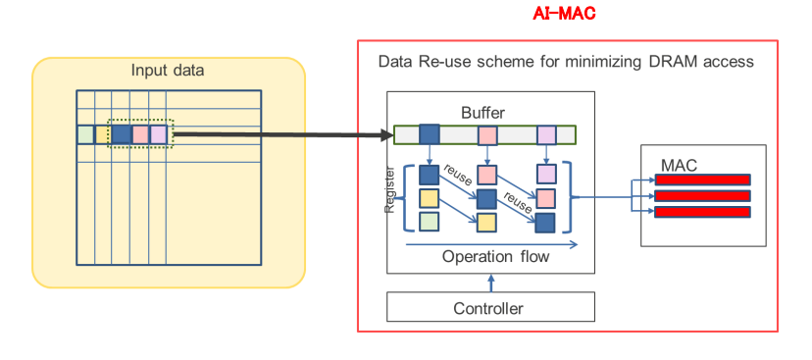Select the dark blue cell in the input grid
[x=121, y=134]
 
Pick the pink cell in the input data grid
[x=140, y=134]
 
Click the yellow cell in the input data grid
[x=102, y=134]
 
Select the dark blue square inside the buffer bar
[x=430, y=134]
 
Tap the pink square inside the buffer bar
[x=487, y=134]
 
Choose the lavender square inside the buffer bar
[x=546, y=134]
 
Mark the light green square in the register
[x=429, y=222]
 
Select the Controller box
[x=489, y=308]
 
